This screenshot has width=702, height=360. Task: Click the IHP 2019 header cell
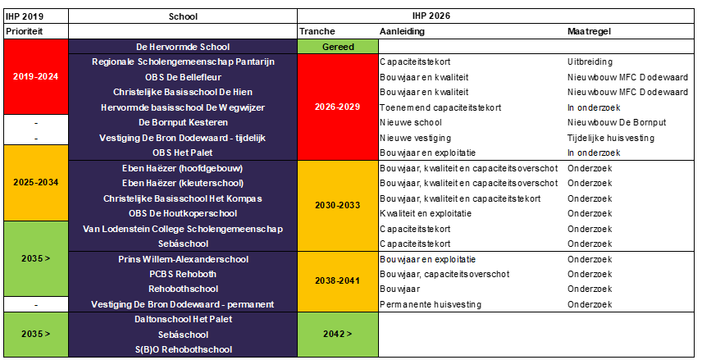pyautogui.click(x=24, y=15)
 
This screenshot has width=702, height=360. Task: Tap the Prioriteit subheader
pyautogui.click(x=25, y=30)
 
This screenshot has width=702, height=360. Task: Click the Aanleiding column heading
pyautogui.click(x=402, y=30)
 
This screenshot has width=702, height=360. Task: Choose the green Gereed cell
pyautogui.click(x=338, y=47)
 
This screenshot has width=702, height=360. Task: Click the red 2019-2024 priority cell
pyautogui.click(x=36, y=76)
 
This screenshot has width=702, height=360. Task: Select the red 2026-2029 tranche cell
pyautogui.click(x=338, y=107)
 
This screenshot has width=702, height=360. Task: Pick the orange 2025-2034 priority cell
pyautogui.click(x=36, y=182)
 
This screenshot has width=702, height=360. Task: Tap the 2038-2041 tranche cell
pyautogui.click(x=338, y=280)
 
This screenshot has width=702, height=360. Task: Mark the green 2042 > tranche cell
pyautogui.click(x=338, y=335)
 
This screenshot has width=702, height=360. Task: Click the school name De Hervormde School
pyautogui.click(x=183, y=47)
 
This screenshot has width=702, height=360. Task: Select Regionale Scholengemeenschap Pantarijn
pyautogui.click(x=183, y=62)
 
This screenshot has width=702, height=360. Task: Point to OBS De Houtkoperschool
pyautogui.click(x=183, y=213)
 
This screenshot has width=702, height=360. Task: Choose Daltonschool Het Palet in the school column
pyautogui.click(x=183, y=320)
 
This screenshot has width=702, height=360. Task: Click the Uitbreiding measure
pyautogui.click(x=589, y=62)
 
